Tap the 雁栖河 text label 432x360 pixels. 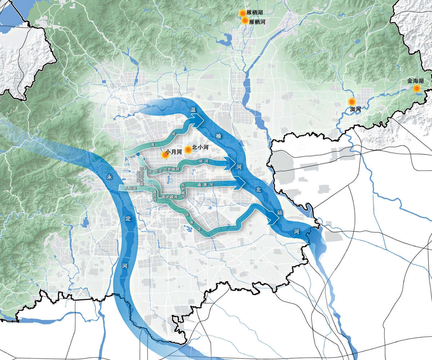(x=257, y=22)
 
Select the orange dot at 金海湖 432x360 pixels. (x=417, y=88)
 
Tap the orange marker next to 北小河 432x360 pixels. (x=187, y=149)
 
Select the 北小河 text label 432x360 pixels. (x=201, y=148)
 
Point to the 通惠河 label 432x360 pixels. (x=205, y=185)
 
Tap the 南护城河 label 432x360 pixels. (x=170, y=197)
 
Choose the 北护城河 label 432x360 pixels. (x=171, y=169)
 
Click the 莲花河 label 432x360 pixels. (x=154, y=195)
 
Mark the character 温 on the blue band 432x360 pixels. (x=193, y=110)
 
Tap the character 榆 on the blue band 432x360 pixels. (x=219, y=136)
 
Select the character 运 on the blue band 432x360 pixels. (x=280, y=212)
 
